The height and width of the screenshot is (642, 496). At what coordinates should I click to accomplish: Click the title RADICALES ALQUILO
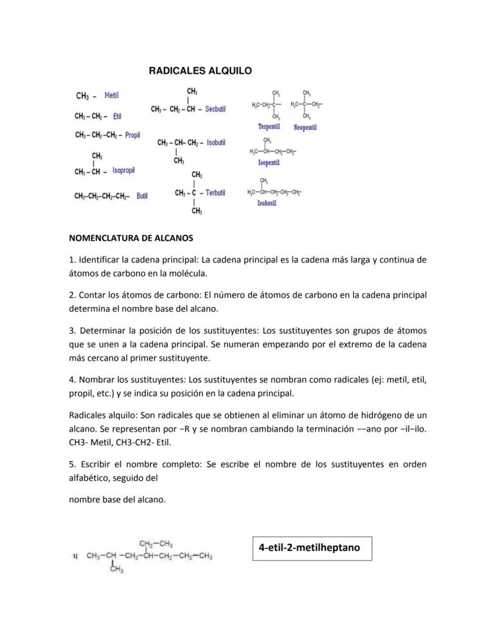(x=200, y=71)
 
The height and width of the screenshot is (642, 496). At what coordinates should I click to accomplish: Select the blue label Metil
(x=111, y=95)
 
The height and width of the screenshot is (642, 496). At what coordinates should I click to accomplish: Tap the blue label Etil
(x=117, y=116)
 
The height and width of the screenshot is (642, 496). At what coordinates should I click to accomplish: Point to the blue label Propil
(x=132, y=135)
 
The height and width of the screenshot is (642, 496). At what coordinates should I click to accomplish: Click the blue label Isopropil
(x=123, y=171)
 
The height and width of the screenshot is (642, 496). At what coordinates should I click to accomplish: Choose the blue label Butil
(x=142, y=196)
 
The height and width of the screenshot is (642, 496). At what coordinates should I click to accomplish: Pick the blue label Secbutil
(x=215, y=109)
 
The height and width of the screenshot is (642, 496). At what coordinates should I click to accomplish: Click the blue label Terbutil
(x=215, y=192)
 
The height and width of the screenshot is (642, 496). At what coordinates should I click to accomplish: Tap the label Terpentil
(x=269, y=127)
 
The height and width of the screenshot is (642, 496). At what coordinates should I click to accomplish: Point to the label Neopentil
(x=305, y=127)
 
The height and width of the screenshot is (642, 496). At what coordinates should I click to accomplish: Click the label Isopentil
(x=268, y=163)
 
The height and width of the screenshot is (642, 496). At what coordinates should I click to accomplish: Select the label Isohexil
(x=267, y=203)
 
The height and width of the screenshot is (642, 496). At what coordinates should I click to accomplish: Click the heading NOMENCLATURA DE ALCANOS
(x=131, y=238)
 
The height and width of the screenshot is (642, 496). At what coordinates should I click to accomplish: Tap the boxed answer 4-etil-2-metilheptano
(x=309, y=547)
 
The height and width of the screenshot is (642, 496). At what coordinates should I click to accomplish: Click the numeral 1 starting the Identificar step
(x=71, y=260)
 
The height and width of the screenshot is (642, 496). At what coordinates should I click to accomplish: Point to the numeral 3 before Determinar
(x=71, y=331)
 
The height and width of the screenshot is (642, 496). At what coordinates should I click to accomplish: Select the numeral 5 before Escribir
(x=71, y=465)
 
